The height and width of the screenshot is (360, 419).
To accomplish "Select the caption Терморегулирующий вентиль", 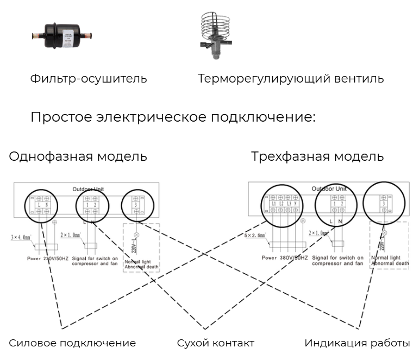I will coord(291,79).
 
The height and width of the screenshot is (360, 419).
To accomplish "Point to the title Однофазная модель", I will coord(78,157).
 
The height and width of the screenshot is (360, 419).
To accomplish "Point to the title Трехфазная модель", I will coord(319,157).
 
